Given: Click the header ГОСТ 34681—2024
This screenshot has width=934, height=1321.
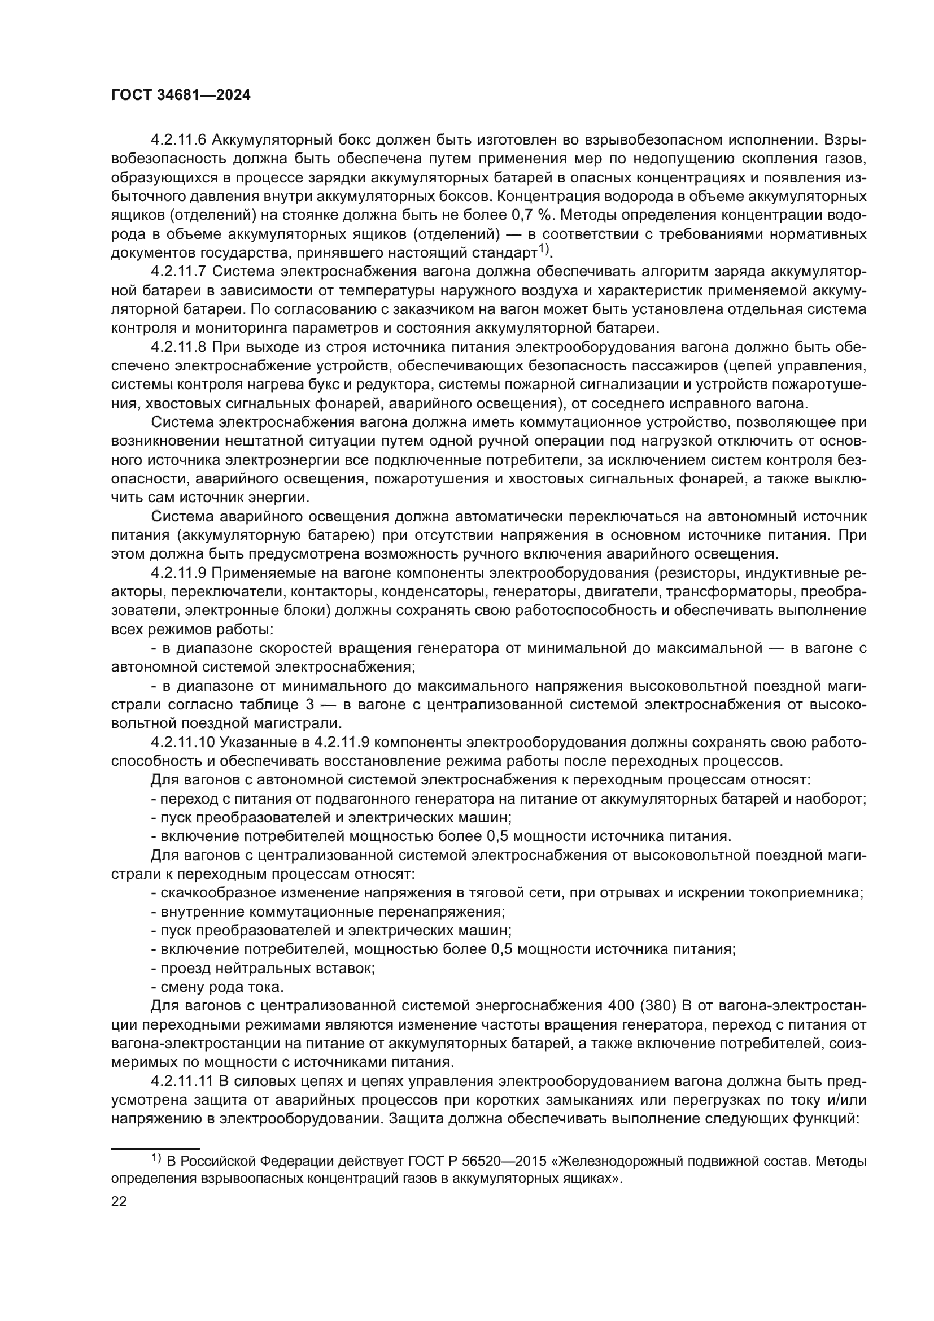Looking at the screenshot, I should click(181, 95).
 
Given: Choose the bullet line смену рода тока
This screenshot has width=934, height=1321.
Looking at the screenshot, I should click(217, 987).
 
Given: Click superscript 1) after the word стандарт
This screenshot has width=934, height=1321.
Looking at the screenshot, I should click(543, 250).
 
